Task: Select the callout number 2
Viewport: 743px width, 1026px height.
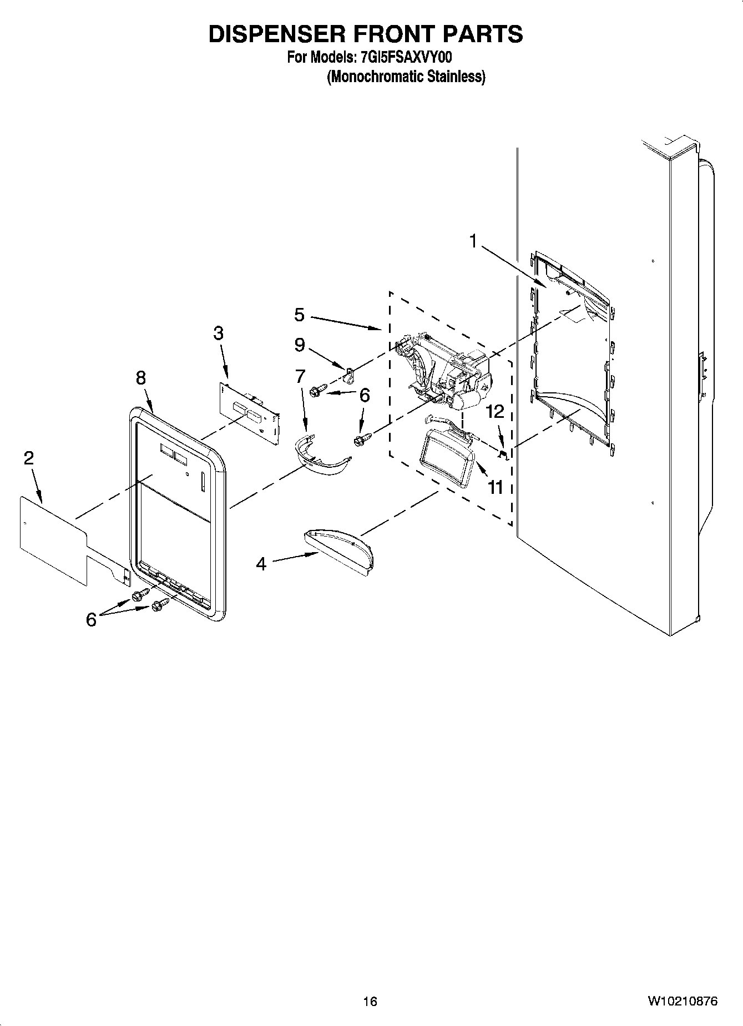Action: click(28, 458)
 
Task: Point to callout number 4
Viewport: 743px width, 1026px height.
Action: click(261, 564)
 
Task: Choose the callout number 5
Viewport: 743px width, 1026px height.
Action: click(299, 315)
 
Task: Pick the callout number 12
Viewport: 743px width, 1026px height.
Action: click(495, 411)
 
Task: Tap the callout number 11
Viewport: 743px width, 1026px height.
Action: click(495, 487)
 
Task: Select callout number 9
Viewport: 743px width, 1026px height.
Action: click(299, 345)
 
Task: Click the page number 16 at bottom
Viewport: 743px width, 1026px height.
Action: click(370, 1001)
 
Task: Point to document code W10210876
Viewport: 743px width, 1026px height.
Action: click(682, 1001)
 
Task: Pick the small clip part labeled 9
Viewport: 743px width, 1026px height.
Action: click(350, 377)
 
